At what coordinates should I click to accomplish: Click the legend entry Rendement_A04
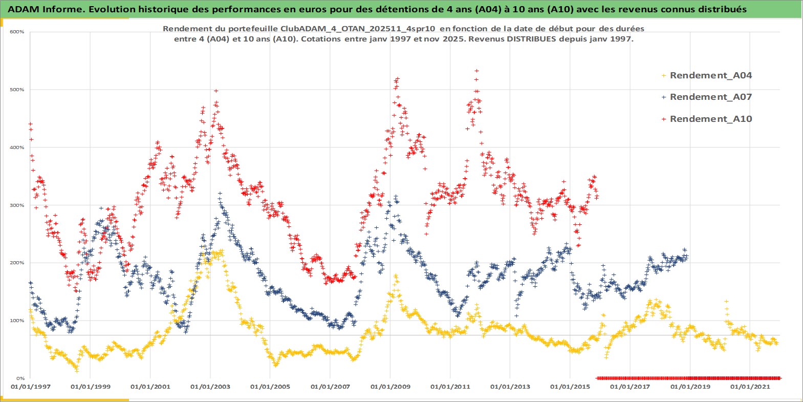tap(710, 75)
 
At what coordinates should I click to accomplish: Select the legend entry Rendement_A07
tap(710, 97)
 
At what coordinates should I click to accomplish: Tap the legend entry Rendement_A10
tap(710, 119)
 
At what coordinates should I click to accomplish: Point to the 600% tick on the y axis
tap(17, 32)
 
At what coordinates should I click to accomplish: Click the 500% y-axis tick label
tap(17, 90)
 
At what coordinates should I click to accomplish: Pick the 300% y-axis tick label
tap(17, 205)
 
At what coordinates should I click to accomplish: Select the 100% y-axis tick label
tap(17, 321)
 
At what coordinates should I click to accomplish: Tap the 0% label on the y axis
tap(20, 378)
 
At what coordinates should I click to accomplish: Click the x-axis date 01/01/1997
tap(31, 387)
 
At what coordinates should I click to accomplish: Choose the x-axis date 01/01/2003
tap(210, 387)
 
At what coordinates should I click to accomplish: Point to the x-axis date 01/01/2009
tap(390, 387)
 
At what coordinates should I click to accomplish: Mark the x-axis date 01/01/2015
tap(570, 387)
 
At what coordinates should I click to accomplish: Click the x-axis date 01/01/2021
tap(750, 387)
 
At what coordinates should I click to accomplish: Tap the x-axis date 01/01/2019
tap(690, 387)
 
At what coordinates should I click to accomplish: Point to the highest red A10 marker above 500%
tap(476, 71)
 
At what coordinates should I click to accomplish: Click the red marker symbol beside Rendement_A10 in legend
tap(664, 119)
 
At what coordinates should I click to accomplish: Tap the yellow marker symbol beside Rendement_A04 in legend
tap(664, 75)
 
